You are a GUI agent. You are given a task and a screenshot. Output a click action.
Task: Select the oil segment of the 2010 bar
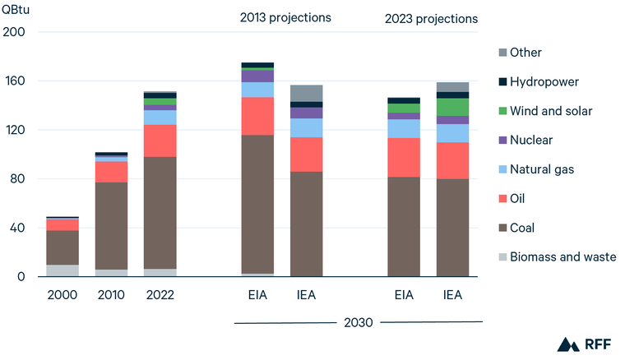(111, 172)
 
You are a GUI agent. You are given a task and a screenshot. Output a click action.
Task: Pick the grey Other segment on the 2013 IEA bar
(307, 94)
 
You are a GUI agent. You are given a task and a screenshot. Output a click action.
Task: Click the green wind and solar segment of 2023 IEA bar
(452, 107)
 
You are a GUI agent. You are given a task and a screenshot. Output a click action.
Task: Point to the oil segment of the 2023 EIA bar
(404, 157)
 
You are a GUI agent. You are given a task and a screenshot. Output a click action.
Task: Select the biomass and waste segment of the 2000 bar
(62, 270)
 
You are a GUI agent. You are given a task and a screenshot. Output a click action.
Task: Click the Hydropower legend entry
(544, 82)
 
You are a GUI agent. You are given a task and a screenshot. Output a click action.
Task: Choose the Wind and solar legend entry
(550, 111)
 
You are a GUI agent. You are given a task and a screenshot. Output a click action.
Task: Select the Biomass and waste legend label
(562, 257)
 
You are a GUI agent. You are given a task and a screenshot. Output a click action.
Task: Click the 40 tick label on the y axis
(17, 228)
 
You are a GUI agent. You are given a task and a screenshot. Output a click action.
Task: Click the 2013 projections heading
(285, 17)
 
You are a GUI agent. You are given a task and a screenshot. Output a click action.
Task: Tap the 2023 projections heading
(431, 19)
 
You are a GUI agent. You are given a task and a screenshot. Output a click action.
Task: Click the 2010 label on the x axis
(111, 293)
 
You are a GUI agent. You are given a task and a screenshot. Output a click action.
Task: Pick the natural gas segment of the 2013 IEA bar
(307, 127)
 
